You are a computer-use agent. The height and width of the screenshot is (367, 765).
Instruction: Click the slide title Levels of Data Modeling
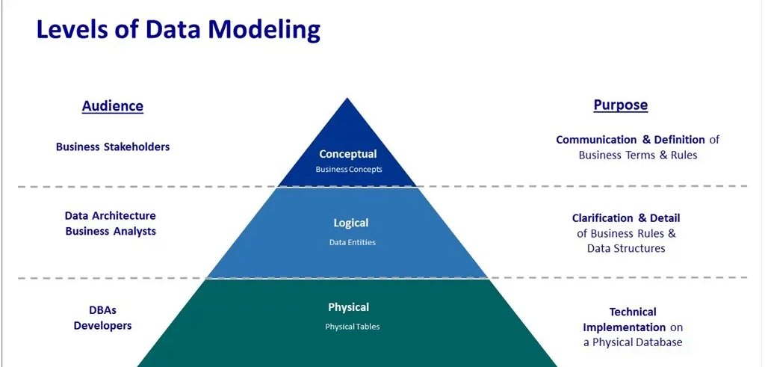click(x=179, y=29)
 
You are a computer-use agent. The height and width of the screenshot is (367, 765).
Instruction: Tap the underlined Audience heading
click(x=112, y=105)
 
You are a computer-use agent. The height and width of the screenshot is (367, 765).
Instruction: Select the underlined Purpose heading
click(x=620, y=105)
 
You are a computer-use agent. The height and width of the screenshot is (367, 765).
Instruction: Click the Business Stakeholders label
click(x=113, y=147)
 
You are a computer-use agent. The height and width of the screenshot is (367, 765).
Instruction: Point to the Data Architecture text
click(x=111, y=216)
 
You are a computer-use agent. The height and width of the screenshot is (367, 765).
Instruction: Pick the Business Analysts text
click(x=111, y=231)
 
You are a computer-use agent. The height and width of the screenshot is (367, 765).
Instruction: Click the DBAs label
click(x=102, y=310)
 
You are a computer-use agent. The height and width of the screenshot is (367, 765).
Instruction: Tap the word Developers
click(x=102, y=325)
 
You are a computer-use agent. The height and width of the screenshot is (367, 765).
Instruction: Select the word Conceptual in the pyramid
click(x=348, y=154)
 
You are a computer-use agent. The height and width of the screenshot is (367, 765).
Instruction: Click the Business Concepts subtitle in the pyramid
click(x=348, y=169)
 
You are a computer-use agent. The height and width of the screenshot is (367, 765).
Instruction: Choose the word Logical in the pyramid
click(x=350, y=223)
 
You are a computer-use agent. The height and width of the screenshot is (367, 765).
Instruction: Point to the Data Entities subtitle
click(x=352, y=242)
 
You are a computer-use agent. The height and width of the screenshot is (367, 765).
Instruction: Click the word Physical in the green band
click(x=348, y=307)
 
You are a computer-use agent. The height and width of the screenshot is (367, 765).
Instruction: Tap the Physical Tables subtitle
click(x=352, y=327)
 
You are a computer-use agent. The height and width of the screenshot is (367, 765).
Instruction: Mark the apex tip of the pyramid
click(x=347, y=99)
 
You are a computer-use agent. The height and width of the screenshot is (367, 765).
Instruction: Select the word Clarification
click(x=603, y=218)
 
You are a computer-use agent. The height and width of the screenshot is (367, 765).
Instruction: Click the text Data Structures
click(x=626, y=248)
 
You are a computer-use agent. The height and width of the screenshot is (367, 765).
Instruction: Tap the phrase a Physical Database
click(x=633, y=342)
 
